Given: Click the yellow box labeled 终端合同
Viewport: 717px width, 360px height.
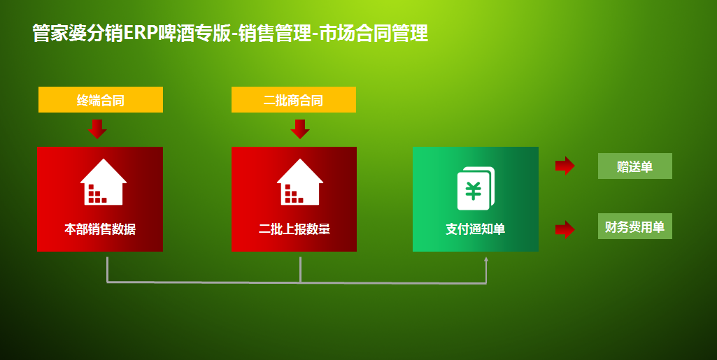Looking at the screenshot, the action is point(101,99).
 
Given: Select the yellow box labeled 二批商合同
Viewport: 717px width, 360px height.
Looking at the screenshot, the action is point(294,99).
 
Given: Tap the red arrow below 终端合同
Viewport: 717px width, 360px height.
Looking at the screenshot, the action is point(97,129).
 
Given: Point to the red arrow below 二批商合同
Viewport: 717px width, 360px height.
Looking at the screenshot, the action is point(300,129).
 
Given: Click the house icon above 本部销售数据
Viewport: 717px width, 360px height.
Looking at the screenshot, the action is point(104,182).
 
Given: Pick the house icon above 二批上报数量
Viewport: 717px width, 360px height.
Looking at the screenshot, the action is point(300,182).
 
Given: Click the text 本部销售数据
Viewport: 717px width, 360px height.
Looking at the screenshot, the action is point(100,229).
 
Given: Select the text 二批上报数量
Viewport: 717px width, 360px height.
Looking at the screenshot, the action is point(294,229).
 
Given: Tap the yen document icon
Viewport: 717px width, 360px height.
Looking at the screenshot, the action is point(476,188).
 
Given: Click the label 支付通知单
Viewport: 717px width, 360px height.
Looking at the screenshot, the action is point(476,229).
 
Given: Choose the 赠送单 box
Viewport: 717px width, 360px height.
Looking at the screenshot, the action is point(635,166).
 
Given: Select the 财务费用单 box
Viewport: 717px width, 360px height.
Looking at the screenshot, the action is point(635,226).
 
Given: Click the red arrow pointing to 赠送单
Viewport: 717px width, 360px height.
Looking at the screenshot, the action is point(565,166).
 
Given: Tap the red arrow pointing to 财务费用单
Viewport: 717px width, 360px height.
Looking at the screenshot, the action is point(565,229).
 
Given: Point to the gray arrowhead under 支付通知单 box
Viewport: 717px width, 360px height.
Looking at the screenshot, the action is point(486,259).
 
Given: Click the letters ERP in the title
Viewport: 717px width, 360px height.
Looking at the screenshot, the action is point(141,34).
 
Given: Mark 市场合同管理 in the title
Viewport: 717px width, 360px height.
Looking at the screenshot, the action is point(374,34).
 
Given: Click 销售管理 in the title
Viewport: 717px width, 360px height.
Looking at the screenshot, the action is point(275,34).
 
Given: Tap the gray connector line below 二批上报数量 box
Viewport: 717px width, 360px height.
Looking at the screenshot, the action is point(300,270).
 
